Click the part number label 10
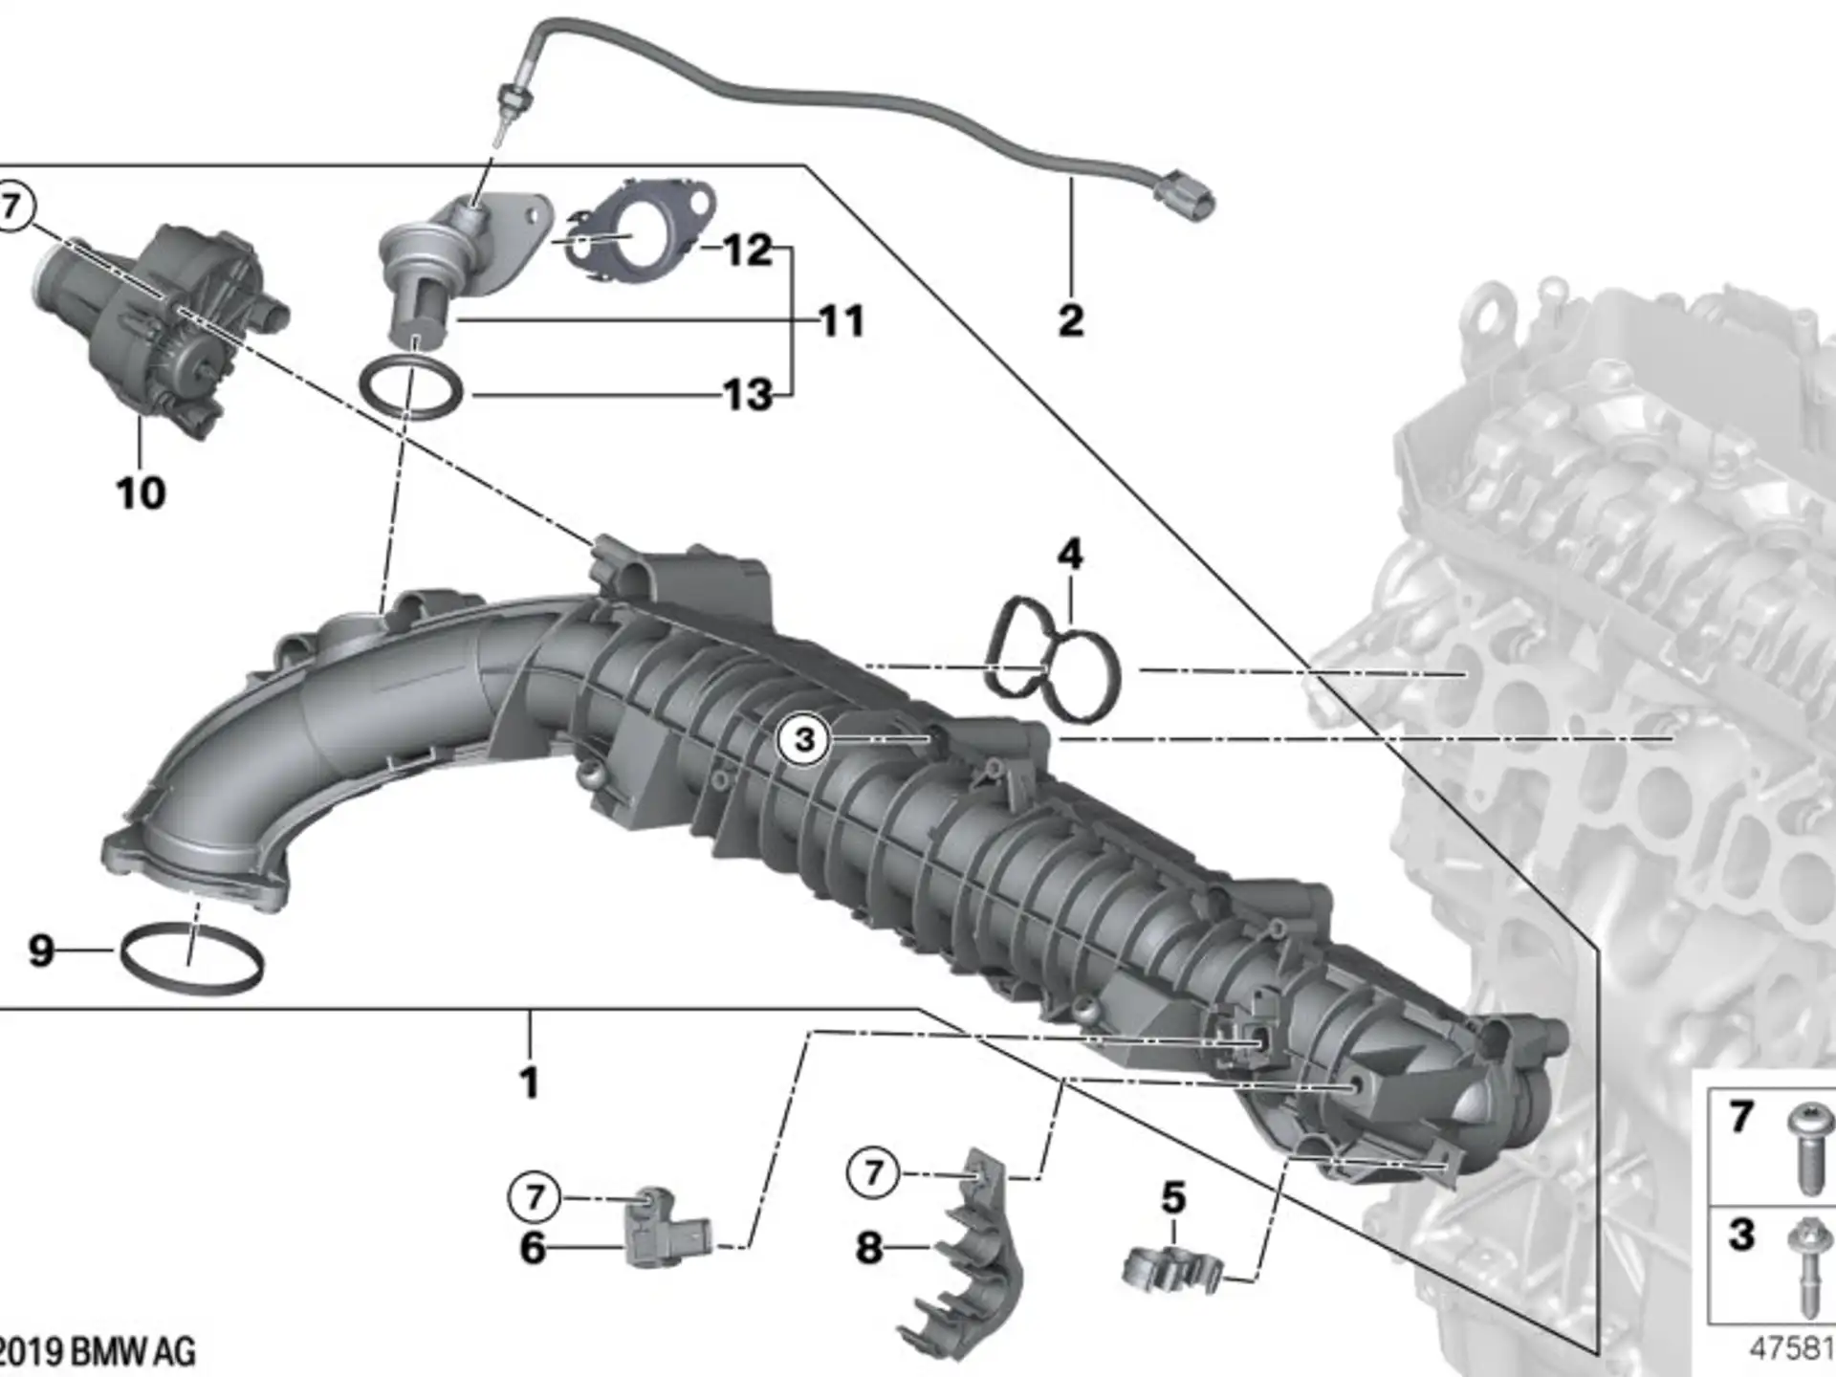pos(141,493)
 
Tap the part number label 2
pos(1071,319)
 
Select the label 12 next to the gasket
pos(748,251)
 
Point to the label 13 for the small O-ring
pos(748,395)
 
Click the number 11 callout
pos(842,320)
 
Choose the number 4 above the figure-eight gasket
pos(1070,555)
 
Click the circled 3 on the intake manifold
pos(804,739)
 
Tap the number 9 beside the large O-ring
pos(41,951)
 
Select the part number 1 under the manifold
pos(529,1083)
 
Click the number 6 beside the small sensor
pos(533,1248)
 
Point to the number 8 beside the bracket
pos(868,1248)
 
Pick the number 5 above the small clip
pos(1173,1198)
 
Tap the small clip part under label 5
pos(1171,1269)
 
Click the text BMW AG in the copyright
pos(134,1352)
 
